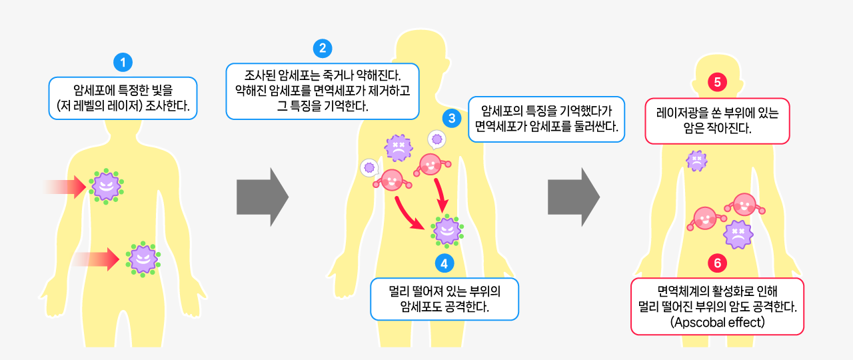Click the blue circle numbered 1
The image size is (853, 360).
[123, 63]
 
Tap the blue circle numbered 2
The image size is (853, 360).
[323, 48]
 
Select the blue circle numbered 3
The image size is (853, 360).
[452, 119]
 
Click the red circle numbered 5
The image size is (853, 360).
[717, 83]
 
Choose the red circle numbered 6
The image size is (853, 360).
[717, 263]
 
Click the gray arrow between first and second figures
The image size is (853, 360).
[262, 197]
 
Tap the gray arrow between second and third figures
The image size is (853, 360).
[573, 197]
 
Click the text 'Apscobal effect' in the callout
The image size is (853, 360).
[717, 322]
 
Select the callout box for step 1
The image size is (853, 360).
[123, 97]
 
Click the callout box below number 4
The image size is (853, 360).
[444, 299]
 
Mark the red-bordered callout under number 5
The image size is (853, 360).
[717, 121]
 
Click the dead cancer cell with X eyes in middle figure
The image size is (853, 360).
[398, 147]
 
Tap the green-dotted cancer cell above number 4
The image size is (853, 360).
[446, 231]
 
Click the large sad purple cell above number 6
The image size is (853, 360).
[738, 234]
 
